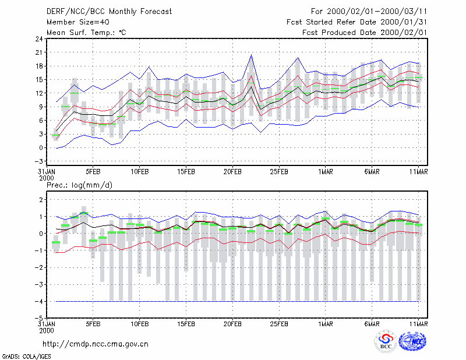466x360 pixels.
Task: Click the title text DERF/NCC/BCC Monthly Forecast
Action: [x=109, y=12]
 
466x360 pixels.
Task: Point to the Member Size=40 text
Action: [x=78, y=22]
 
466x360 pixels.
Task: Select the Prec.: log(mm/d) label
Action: [x=79, y=185]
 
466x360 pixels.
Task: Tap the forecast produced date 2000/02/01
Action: [x=404, y=33]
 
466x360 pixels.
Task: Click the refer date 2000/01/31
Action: [x=404, y=22]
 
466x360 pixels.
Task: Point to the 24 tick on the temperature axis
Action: [x=39, y=38]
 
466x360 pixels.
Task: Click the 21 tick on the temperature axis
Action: [x=39, y=52]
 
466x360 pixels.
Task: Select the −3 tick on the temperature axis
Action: [x=38, y=161]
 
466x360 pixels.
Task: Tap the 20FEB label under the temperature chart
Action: [x=232, y=172]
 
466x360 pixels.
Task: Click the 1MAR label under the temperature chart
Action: [x=326, y=172]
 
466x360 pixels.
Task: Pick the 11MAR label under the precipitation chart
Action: [x=418, y=324]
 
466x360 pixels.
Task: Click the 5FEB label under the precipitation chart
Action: [x=93, y=324]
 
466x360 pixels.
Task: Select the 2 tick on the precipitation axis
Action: [x=41, y=199]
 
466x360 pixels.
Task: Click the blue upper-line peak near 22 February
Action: [x=252, y=55]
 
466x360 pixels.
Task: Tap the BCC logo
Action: [x=386, y=341]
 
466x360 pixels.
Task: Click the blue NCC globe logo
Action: [x=412, y=341]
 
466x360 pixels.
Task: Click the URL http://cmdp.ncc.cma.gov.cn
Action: [x=96, y=344]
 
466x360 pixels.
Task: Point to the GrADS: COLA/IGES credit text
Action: [x=26, y=357]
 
